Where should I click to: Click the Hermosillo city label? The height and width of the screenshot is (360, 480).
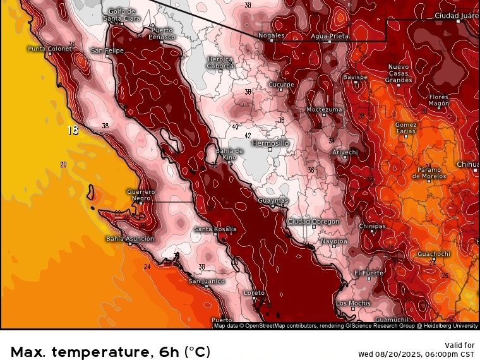[x=270, y=143]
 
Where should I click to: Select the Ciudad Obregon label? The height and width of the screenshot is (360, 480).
[x=313, y=222]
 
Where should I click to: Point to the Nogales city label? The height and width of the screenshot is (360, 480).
[x=272, y=35]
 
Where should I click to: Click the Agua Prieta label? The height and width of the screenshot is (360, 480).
[x=330, y=36]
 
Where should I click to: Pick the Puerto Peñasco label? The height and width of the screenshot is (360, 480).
[x=162, y=33]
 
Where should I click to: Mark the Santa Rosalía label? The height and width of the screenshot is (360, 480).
[x=215, y=229]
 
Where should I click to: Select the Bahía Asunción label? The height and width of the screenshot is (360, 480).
[x=129, y=239]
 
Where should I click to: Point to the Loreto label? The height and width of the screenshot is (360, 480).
[x=254, y=293]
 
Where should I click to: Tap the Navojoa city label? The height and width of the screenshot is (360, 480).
[x=333, y=241]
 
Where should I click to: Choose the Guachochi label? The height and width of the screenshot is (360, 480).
[x=433, y=254]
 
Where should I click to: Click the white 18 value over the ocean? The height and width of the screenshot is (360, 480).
[x=73, y=131]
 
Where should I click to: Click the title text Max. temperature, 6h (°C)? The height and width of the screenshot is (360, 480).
[x=111, y=352]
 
